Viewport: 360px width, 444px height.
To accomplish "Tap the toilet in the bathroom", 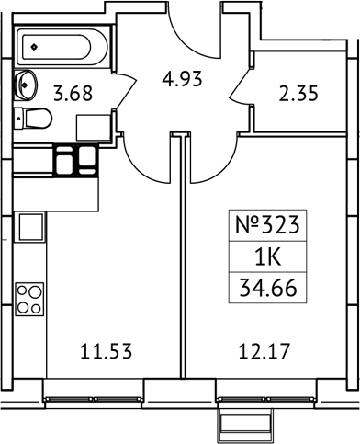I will tap(34, 118).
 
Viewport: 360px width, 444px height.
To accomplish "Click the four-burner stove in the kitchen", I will tap(29, 298).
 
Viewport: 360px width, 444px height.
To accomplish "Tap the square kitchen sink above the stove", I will tap(30, 226).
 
